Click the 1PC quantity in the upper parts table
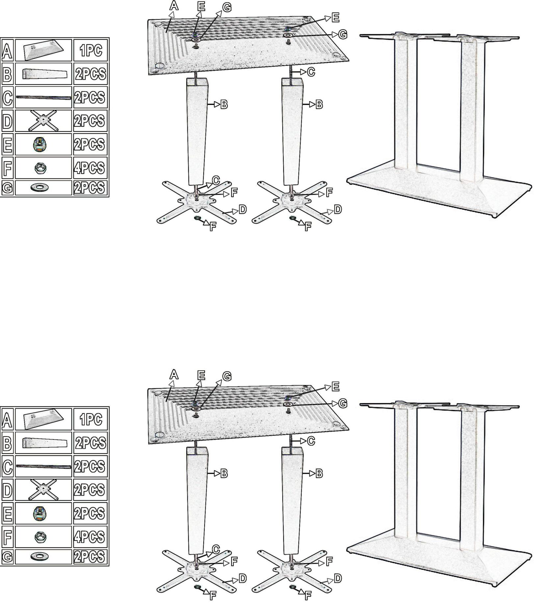[90, 50]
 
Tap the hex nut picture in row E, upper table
[40, 144]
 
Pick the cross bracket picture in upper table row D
[43, 120]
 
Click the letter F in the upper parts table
[7, 168]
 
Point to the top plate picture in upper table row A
[44, 50]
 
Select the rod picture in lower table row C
[43, 466]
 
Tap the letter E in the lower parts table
[7, 513]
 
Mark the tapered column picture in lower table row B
[45, 443]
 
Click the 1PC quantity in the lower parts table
[90, 419]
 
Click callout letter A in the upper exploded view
[174, 5]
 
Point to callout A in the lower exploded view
[174, 374]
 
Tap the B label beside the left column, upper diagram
[224, 105]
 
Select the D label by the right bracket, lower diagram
[338, 578]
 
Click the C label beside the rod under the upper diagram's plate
[311, 72]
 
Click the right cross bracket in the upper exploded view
[292, 202]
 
